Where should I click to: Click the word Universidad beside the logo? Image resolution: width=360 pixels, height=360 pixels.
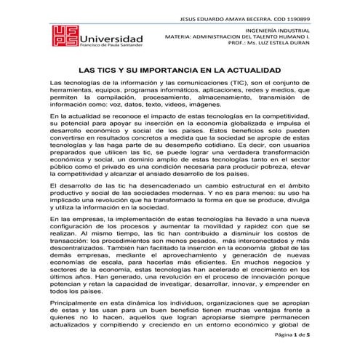tap(111, 38)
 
